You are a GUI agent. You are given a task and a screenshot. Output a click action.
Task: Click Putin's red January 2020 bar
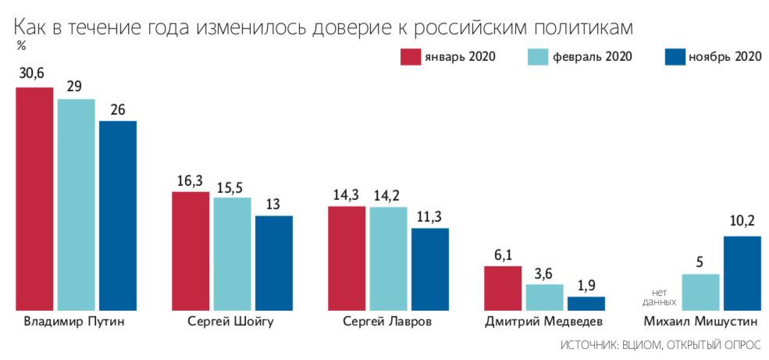click(x=34, y=198)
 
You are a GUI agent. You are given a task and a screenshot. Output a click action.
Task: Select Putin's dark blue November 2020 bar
click(x=117, y=215)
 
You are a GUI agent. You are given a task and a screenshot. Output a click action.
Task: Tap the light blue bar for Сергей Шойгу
click(x=232, y=253)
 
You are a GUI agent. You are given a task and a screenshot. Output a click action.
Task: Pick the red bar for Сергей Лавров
click(x=347, y=258)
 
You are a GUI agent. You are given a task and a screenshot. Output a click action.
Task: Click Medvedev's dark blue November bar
click(x=586, y=303)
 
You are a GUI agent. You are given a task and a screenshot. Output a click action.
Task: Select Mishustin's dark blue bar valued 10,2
click(x=742, y=273)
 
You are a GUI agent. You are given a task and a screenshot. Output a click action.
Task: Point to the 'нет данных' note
click(x=659, y=296)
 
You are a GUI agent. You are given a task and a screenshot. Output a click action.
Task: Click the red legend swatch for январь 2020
click(x=411, y=56)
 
